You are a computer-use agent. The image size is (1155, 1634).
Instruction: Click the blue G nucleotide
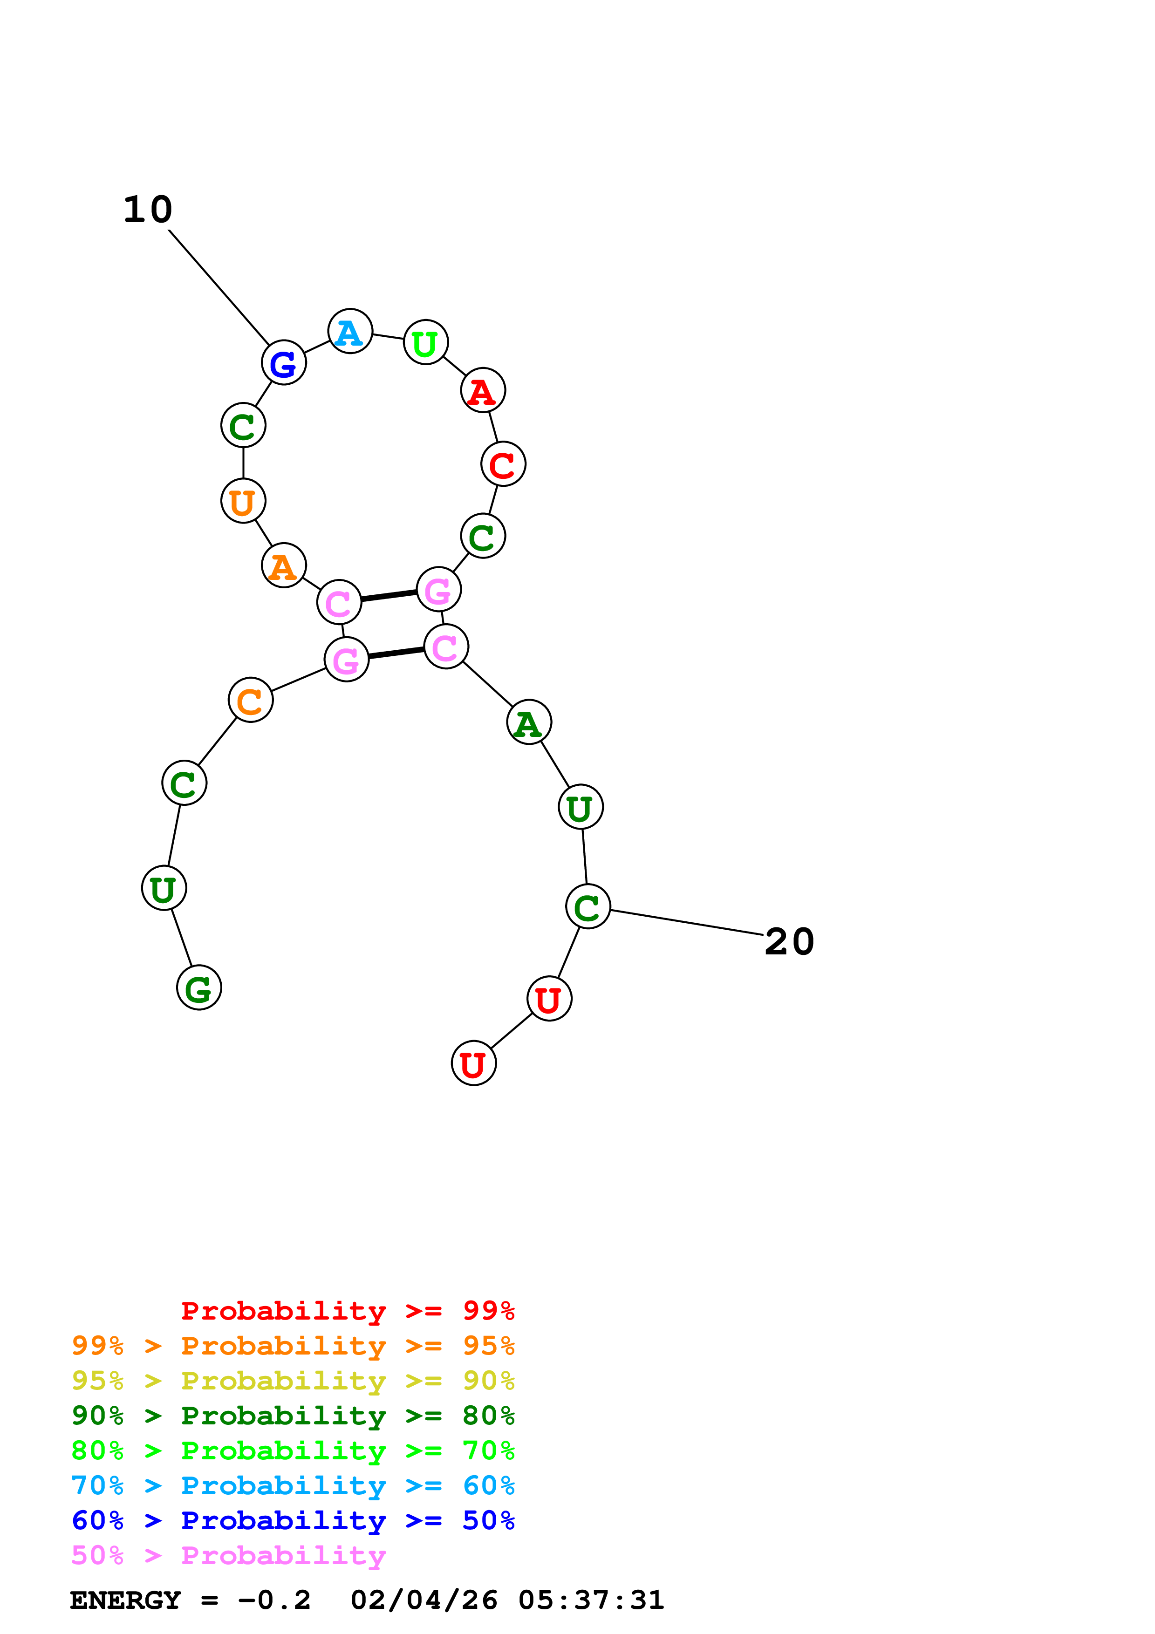pyautogui.click(x=283, y=363)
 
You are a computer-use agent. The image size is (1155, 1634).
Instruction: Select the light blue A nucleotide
pyautogui.click(x=349, y=332)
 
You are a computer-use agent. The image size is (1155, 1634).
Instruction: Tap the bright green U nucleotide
pyautogui.click(x=425, y=343)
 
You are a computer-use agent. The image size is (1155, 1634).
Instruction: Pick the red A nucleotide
pyautogui.click(x=483, y=391)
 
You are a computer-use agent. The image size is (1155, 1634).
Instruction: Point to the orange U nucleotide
pyautogui.click(x=243, y=502)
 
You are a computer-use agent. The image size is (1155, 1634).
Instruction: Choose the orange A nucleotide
pyautogui.click(x=283, y=566)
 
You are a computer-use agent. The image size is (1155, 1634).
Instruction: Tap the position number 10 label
pyautogui.click(x=148, y=210)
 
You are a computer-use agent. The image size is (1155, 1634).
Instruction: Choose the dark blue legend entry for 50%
pyautogui.click(x=293, y=1520)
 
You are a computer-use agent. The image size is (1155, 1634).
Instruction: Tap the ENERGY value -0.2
pyautogui.click(x=274, y=1600)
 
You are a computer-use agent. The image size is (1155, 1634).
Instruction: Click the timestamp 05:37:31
pyautogui.click(x=591, y=1600)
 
